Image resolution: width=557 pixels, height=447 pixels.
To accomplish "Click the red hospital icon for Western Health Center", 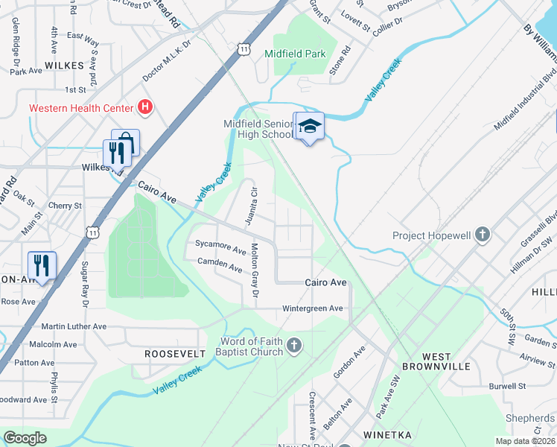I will pyautogui.click(x=146, y=108).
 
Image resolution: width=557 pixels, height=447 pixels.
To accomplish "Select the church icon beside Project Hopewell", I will pyautogui.click(x=482, y=235).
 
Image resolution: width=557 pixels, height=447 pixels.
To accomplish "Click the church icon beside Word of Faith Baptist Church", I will pyautogui.click(x=294, y=346).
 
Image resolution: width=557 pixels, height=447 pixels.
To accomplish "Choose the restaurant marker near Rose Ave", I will pyautogui.click(x=42, y=265).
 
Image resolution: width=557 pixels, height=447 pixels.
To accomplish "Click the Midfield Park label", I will pyautogui.click(x=296, y=54).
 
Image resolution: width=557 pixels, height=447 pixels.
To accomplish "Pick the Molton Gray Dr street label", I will pyautogui.click(x=255, y=272).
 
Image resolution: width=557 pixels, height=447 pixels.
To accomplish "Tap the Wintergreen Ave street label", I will pyautogui.click(x=312, y=308).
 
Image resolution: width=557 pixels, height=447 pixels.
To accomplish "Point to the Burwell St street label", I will pyautogui.click(x=508, y=387).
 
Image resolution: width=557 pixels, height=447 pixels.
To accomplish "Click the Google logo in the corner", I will pyautogui.click(x=25, y=437).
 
